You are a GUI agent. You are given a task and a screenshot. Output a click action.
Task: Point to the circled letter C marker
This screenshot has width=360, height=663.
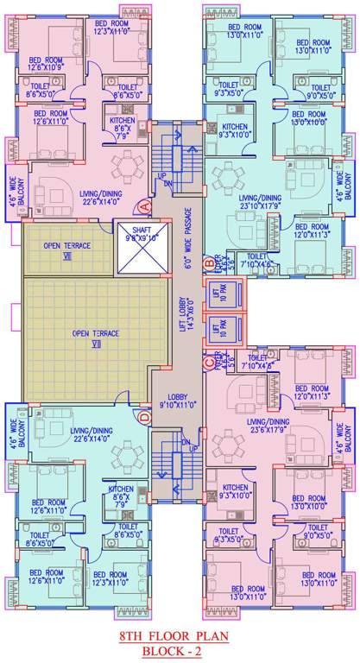click(x=208, y=363)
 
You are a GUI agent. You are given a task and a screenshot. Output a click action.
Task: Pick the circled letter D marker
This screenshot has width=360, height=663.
click(x=146, y=419)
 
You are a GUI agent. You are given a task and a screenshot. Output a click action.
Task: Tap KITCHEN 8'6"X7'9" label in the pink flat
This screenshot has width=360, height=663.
click(x=122, y=127)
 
